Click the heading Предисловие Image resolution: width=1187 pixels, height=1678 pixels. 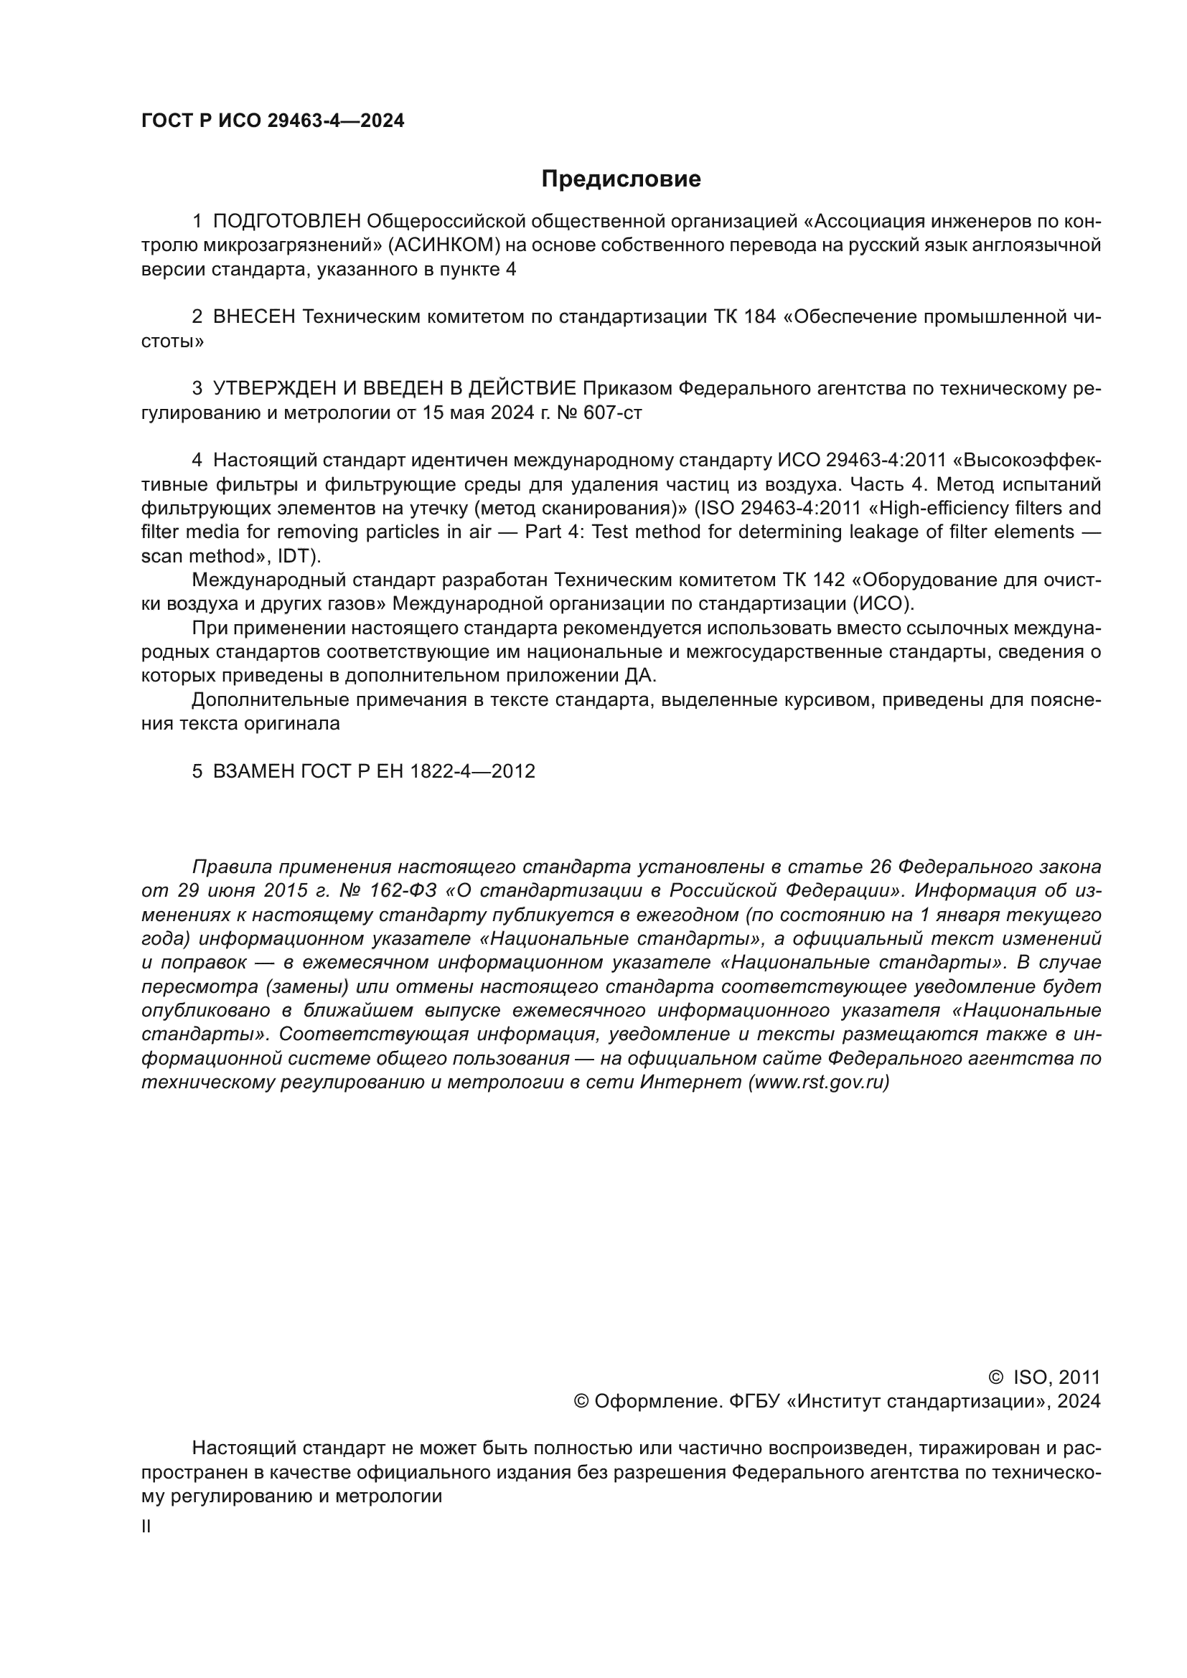pyautogui.click(x=621, y=179)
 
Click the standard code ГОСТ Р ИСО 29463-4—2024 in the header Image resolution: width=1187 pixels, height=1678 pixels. pyautogui.click(x=273, y=121)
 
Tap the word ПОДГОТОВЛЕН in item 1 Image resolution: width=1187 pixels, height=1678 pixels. pyautogui.click(x=286, y=222)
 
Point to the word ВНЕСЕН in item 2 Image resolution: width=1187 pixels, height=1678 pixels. pyautogui.click(x=253, y=317)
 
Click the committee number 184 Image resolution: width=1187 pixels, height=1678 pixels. pyautogui.click(x=759, y=317)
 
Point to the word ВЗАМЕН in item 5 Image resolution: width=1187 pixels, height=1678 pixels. pyautogui.click(x=253, y=772)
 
